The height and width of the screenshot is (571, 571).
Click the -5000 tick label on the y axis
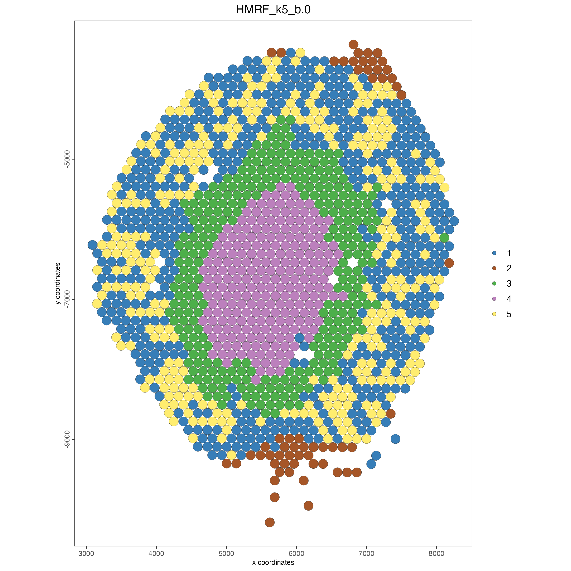tap(68, 159)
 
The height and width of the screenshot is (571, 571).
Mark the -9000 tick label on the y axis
tap(68, 439)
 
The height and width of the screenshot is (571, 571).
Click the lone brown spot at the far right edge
tap(449, 263)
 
